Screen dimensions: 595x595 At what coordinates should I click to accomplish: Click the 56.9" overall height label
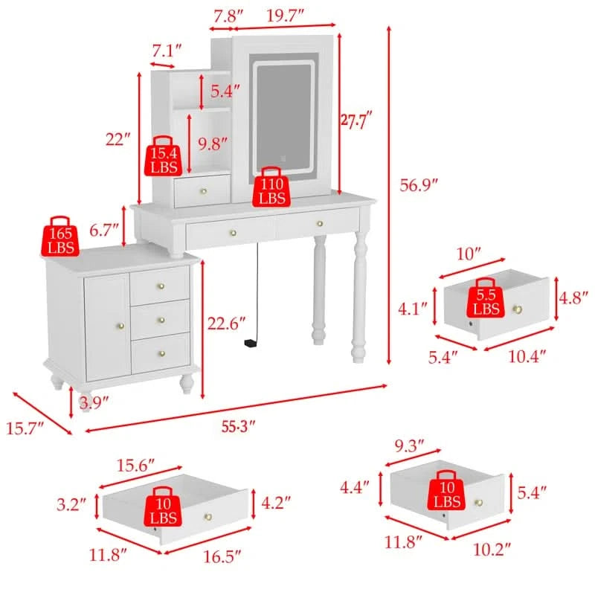419,185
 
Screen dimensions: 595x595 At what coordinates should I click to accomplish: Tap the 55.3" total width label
238,426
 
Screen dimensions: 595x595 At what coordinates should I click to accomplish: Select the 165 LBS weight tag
60,236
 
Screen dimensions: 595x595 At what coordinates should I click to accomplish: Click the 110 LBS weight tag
271,187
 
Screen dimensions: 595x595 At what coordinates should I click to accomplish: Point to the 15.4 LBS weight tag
164,155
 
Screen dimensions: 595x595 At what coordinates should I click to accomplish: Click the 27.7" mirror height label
356,121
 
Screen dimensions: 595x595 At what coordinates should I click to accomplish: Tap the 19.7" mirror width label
285,16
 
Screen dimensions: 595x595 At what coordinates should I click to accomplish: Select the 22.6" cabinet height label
226,324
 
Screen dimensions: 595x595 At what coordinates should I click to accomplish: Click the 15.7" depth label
25,428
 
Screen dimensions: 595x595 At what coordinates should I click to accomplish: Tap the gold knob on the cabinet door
121,326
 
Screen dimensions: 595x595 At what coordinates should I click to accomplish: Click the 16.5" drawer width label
222,556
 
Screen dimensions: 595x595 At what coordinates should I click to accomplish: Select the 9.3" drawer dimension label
409,446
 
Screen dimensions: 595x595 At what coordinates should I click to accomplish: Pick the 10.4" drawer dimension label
527,356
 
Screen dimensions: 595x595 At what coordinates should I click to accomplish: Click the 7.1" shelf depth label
167,50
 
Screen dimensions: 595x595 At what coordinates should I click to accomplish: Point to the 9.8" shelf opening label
213,144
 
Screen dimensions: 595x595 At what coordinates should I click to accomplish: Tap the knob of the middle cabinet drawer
161,320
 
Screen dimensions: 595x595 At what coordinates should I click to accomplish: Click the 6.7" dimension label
104,231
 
